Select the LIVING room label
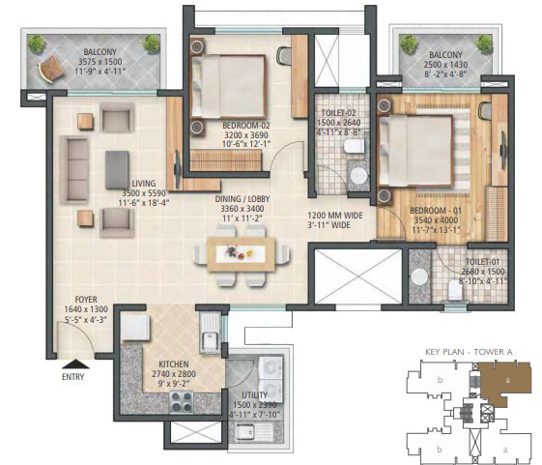(145, 182)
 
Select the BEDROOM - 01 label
(433, 210)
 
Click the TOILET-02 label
(338, 113)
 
